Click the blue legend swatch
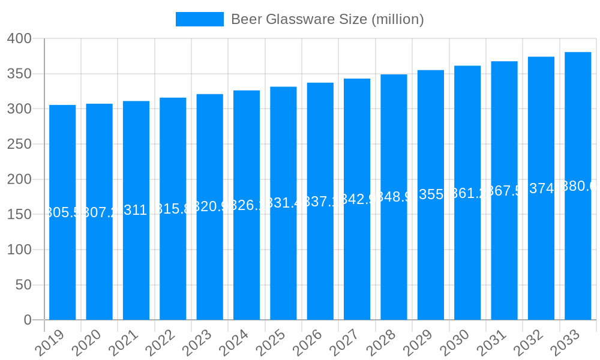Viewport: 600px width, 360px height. [199, 19]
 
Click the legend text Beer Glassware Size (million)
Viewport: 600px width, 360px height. [327, 19]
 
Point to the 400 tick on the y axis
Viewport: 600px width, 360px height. [19, 39]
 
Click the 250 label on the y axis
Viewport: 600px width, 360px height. [19, 145]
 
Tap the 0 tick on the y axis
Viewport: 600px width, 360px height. [28, 320]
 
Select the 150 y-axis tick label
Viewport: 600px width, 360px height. [19, 215]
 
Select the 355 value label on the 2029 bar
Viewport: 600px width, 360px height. [431, 194]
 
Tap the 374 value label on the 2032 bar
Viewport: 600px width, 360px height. [541, 188]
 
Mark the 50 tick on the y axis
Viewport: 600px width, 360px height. [23, 285]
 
